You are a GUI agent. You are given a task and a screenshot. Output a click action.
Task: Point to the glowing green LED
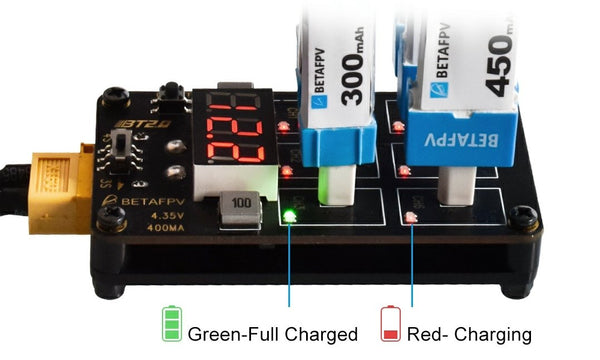pyautogui.click(x=289, y=214)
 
